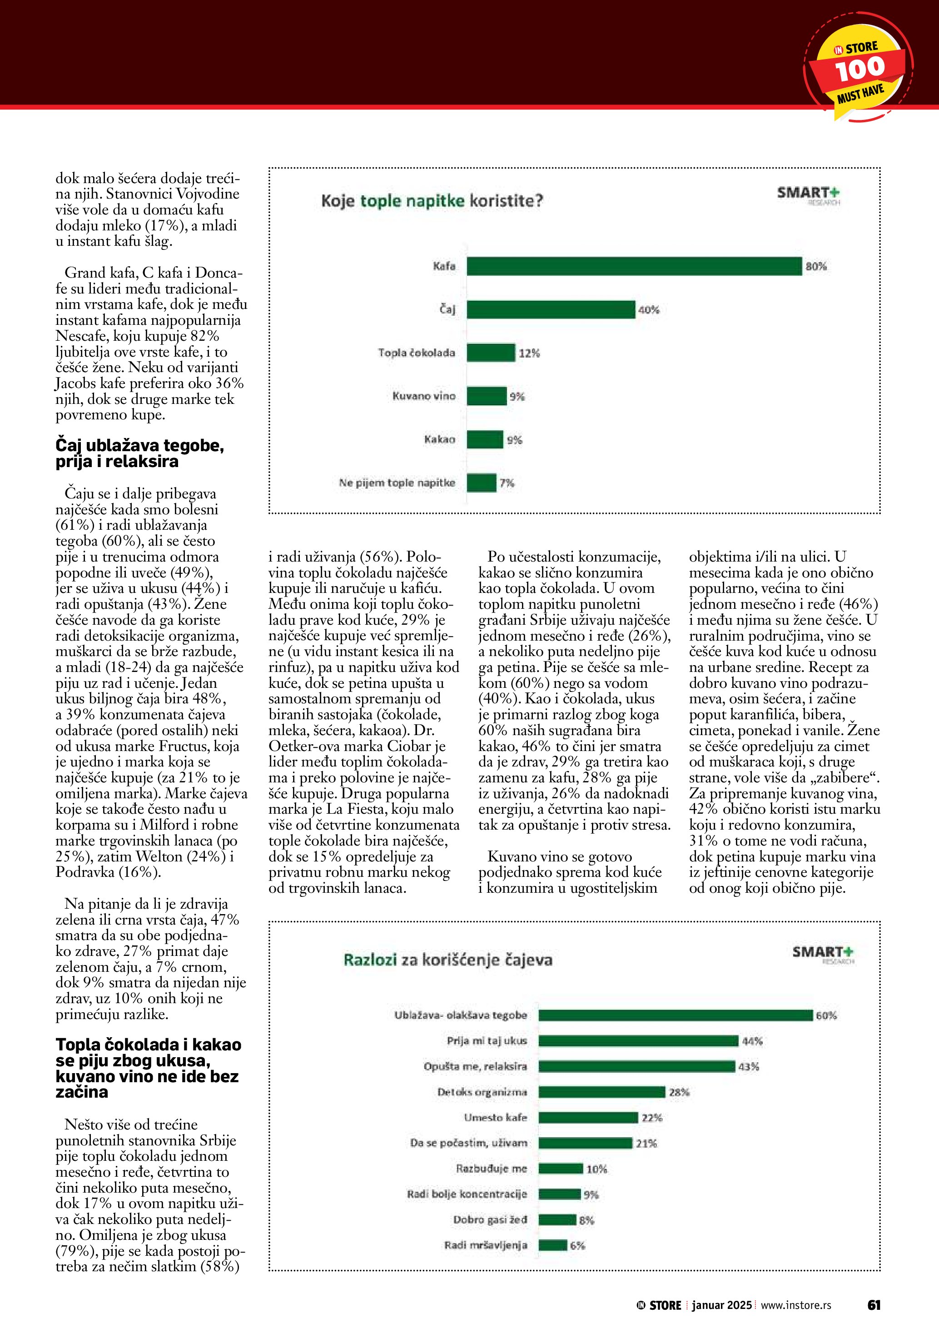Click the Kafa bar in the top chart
(x=634, y=266)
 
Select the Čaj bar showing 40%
(x=551, y=309)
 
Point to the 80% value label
(x=816, y=267)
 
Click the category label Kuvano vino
(x=424, y=396)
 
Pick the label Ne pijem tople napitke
(x=397, y=482)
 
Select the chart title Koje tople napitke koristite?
(x=432, y=201)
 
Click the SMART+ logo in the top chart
(x=808, y=194)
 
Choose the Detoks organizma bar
(x=601, y=1092)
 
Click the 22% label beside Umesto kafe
(x=651, y=1118)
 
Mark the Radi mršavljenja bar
(x=552, y=1245)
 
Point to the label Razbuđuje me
(x=492, y=1169)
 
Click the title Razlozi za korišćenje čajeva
(x=447, y=960)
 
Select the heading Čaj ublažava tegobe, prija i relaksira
(x=139, y=453)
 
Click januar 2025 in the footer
(x=721, y=1305)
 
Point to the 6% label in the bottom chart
(x=577, y=1245)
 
